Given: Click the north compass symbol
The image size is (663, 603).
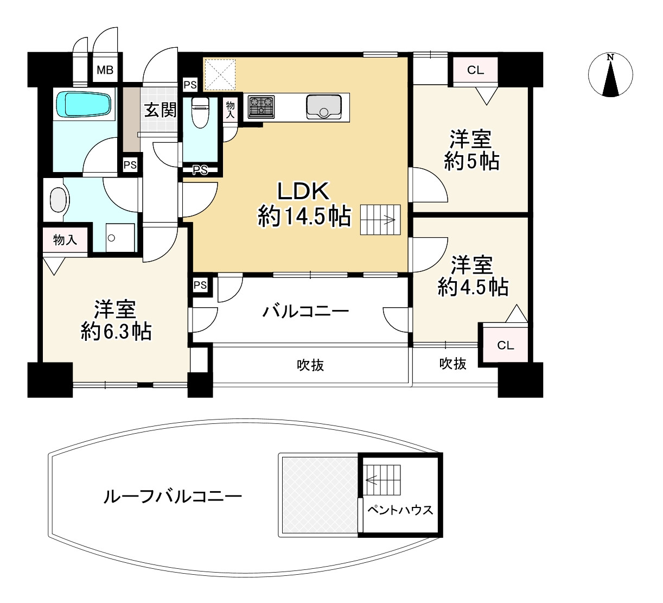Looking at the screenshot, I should click(x=611, y=75).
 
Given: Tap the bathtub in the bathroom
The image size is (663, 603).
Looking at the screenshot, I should click(x=84, y=104).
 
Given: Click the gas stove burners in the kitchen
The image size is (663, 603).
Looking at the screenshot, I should click(x=261, y=106).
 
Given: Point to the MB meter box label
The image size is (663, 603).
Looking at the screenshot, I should click(x=105, y=70).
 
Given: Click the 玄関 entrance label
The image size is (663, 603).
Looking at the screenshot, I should click(x=161, y=110).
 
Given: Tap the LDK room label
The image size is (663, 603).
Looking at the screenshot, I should click(x=303, y=191).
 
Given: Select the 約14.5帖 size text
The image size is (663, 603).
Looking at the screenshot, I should click(x=304, y=217).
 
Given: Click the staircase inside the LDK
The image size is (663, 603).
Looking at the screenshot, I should click(x=380, y=220).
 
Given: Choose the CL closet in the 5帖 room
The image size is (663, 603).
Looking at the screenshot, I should click(x=475, y=70).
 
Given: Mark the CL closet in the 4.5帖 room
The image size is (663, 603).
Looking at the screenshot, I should click(x=505, y=345).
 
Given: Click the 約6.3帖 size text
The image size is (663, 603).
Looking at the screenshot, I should click(x=116, y=331).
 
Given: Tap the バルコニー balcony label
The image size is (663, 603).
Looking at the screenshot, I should click(x=305, y=312).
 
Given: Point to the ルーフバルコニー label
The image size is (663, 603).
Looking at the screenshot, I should click(x=173, y=496).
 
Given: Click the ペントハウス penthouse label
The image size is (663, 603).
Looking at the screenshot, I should click(x=400, y=510).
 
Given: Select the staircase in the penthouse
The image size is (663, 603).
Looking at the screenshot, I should click(x=382, y=480).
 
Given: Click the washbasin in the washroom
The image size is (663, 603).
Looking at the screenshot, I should click(x=58, y=200).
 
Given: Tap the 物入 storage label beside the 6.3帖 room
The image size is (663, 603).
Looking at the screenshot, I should click(x=65, y=239).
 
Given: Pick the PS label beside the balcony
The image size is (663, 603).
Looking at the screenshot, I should click(x=200, y=285).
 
